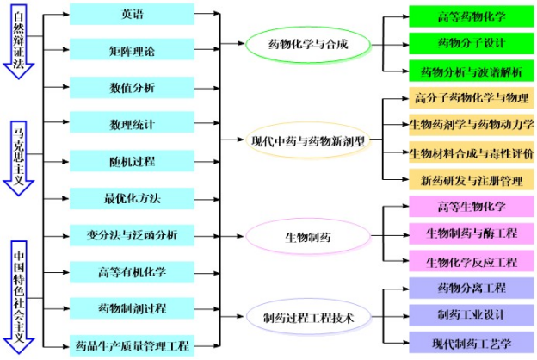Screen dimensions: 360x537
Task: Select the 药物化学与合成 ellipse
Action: coord(295,44)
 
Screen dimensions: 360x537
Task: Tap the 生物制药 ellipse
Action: coord(295,236)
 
